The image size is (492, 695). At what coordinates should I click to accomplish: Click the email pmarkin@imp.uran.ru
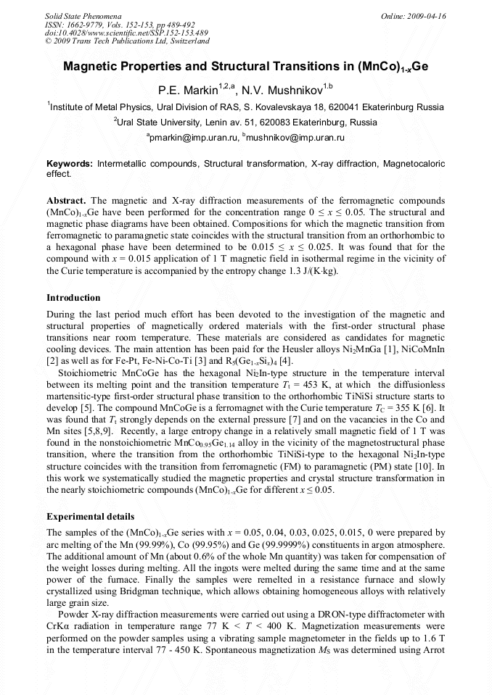192,137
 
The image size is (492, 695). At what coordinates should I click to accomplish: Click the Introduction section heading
73,298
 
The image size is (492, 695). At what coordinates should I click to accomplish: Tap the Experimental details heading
90,517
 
